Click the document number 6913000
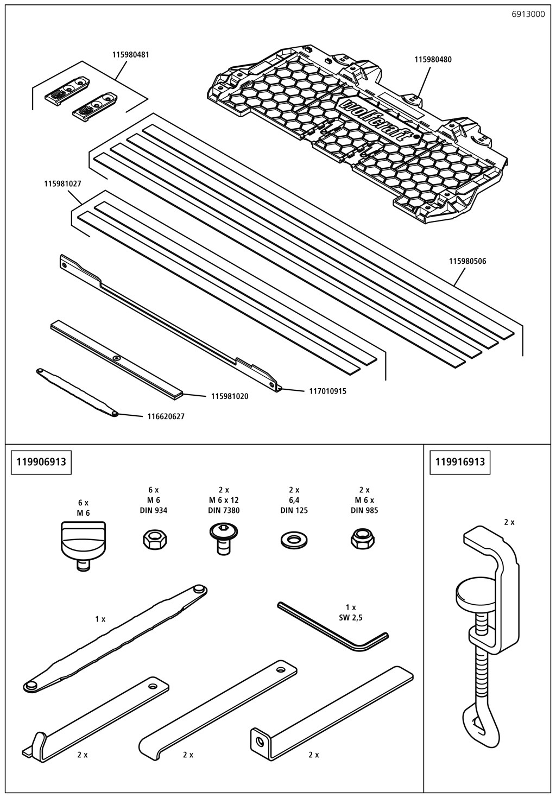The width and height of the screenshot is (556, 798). pos(528,15)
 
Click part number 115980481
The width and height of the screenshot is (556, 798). pos(131,55)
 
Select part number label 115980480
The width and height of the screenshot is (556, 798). pos(433,59)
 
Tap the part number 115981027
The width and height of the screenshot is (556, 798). pos(62,184)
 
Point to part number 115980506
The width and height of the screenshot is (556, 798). pos(467,261)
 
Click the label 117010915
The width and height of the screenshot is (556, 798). pos(327,391)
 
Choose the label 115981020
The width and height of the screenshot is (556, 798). pos(230,397)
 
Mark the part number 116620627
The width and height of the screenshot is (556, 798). pos(166,417)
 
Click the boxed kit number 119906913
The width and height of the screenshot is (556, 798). pos(41,462)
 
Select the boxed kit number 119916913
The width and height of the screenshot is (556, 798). pos(460,462)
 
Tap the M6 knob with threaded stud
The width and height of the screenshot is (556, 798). pos(83,544)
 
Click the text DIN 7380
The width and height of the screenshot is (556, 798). pos(223,510)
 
